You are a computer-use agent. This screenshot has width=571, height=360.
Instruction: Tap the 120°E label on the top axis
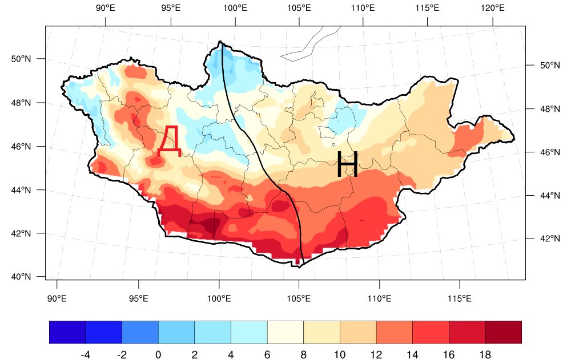click(492, 8)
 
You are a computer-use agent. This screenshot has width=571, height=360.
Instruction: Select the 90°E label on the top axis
click(106, 8)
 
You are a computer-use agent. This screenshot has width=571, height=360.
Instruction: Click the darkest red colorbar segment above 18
click(503, 333)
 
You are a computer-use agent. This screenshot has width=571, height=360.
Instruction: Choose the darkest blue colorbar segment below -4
click(67, 333)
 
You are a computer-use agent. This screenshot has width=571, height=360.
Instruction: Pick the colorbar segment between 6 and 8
click(285, 333)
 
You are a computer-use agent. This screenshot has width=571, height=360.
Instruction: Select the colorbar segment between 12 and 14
click(395, 333)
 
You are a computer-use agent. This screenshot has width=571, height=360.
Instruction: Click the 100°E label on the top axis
click(235, 8)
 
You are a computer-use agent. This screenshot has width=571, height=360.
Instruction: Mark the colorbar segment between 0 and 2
click(176, 333)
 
